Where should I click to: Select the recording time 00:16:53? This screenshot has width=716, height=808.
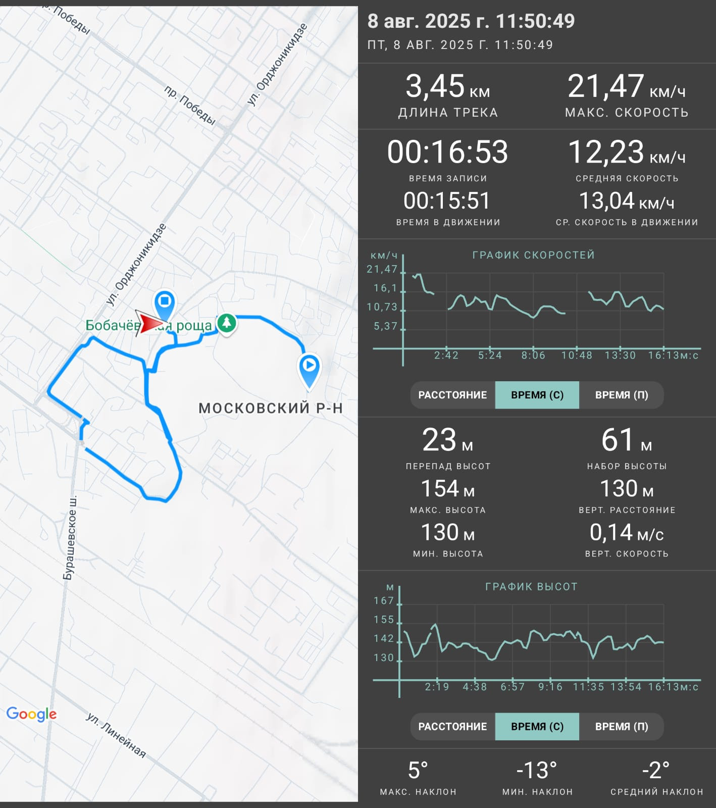tap(447, 152)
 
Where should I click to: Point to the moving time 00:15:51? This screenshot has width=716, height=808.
tap(447, 201)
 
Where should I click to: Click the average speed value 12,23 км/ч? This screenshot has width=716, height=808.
tap(627, 152)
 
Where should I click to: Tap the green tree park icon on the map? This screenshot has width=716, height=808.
tap(227, 323)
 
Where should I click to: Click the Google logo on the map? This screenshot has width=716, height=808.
tap(31, 714)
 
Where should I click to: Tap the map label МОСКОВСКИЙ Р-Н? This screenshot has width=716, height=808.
tap(271, 408)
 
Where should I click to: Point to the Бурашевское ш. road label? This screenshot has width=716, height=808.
tap(70, 538)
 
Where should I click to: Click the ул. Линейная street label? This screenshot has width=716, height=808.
tap(116, 735)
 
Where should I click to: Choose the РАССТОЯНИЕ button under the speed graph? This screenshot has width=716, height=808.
tap(452, 395)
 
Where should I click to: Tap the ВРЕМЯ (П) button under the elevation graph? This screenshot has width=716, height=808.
tap(622, 727)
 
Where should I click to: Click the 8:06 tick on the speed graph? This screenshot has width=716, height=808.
tap(533, 356)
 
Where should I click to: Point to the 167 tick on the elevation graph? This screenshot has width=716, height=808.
tap(384, 600)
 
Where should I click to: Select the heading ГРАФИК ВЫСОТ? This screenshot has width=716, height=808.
tap(531, 587)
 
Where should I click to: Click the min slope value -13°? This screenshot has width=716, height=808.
tap(537, 771)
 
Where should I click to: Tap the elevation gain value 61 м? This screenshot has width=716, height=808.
tap(627, 440)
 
